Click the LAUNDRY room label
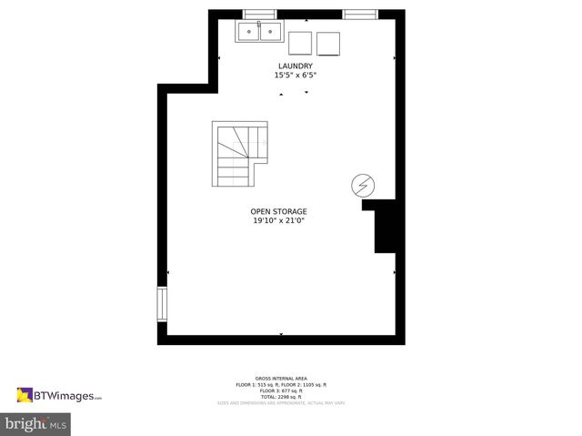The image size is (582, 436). pyautogui.click(x=295, y=66)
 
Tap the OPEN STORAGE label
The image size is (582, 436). pyautogui.click(x=278, y=211)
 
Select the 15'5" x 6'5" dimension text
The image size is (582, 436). pyautogui.click(x=295, y=76)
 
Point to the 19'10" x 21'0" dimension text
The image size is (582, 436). pyautogui.click(x=278, y=220)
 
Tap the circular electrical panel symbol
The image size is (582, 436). pyautogui.click(x=362, y=186)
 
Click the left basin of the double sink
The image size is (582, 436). pyautogui.click(x=248, y=33)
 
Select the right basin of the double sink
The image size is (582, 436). pyautogui.click(x=269, y=33)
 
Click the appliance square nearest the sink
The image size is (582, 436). pyautogui.click(x=299, y=45)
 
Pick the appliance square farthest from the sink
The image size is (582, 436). pyautogui.click(x=328, y=45)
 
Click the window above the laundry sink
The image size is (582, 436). pyautogui.click(x=259, y=14)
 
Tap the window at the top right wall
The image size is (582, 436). pyautogui.click(x=360, y=14)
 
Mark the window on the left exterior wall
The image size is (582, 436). pyautogui.click(x=163, y=305)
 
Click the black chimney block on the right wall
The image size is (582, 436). pyautogui.click(x=384, y=227)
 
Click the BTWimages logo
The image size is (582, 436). pyautogui.click(x=59, y=395)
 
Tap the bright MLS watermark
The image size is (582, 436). pyautogui.click(x=36, y=423)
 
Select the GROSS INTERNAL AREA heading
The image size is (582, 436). pyautogui.click(x=281, y=378)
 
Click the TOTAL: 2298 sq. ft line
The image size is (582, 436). pyautogui.click(x=281, y=396)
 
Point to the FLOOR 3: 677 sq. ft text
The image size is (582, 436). pyautogui.click(x=281, y=390)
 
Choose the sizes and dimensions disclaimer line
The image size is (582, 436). pyautogui.click(x=281, y=402)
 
